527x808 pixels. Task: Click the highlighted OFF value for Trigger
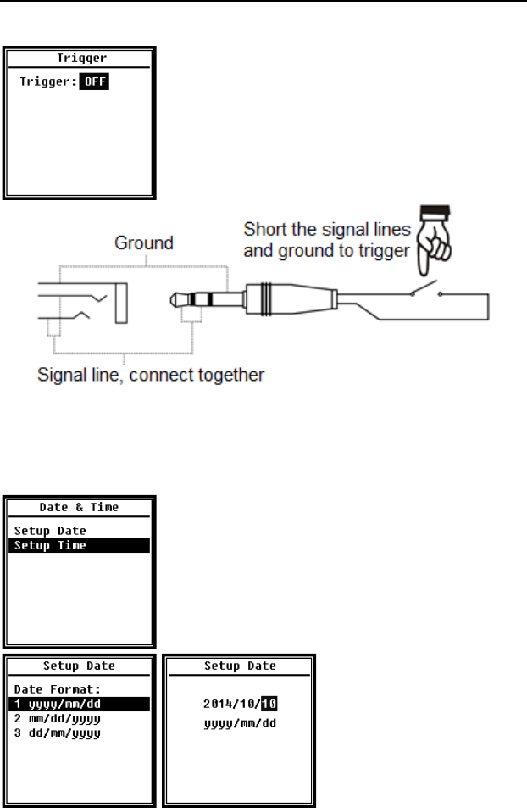pyautogui.click(x=95, y=82)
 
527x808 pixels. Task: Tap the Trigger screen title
pyautogui.click(x=80, y=59)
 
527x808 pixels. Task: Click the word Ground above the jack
pyautogui.click(x=145, y=243)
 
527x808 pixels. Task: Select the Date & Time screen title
pyautogui.click(x=80, y=507)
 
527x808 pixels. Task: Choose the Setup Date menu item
pyautogui.click(x=50, y=531)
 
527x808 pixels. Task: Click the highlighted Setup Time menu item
pyautogui.click(x=50, y=546)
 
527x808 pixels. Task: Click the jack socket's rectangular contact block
pyautogui.click(x=119, y=299)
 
